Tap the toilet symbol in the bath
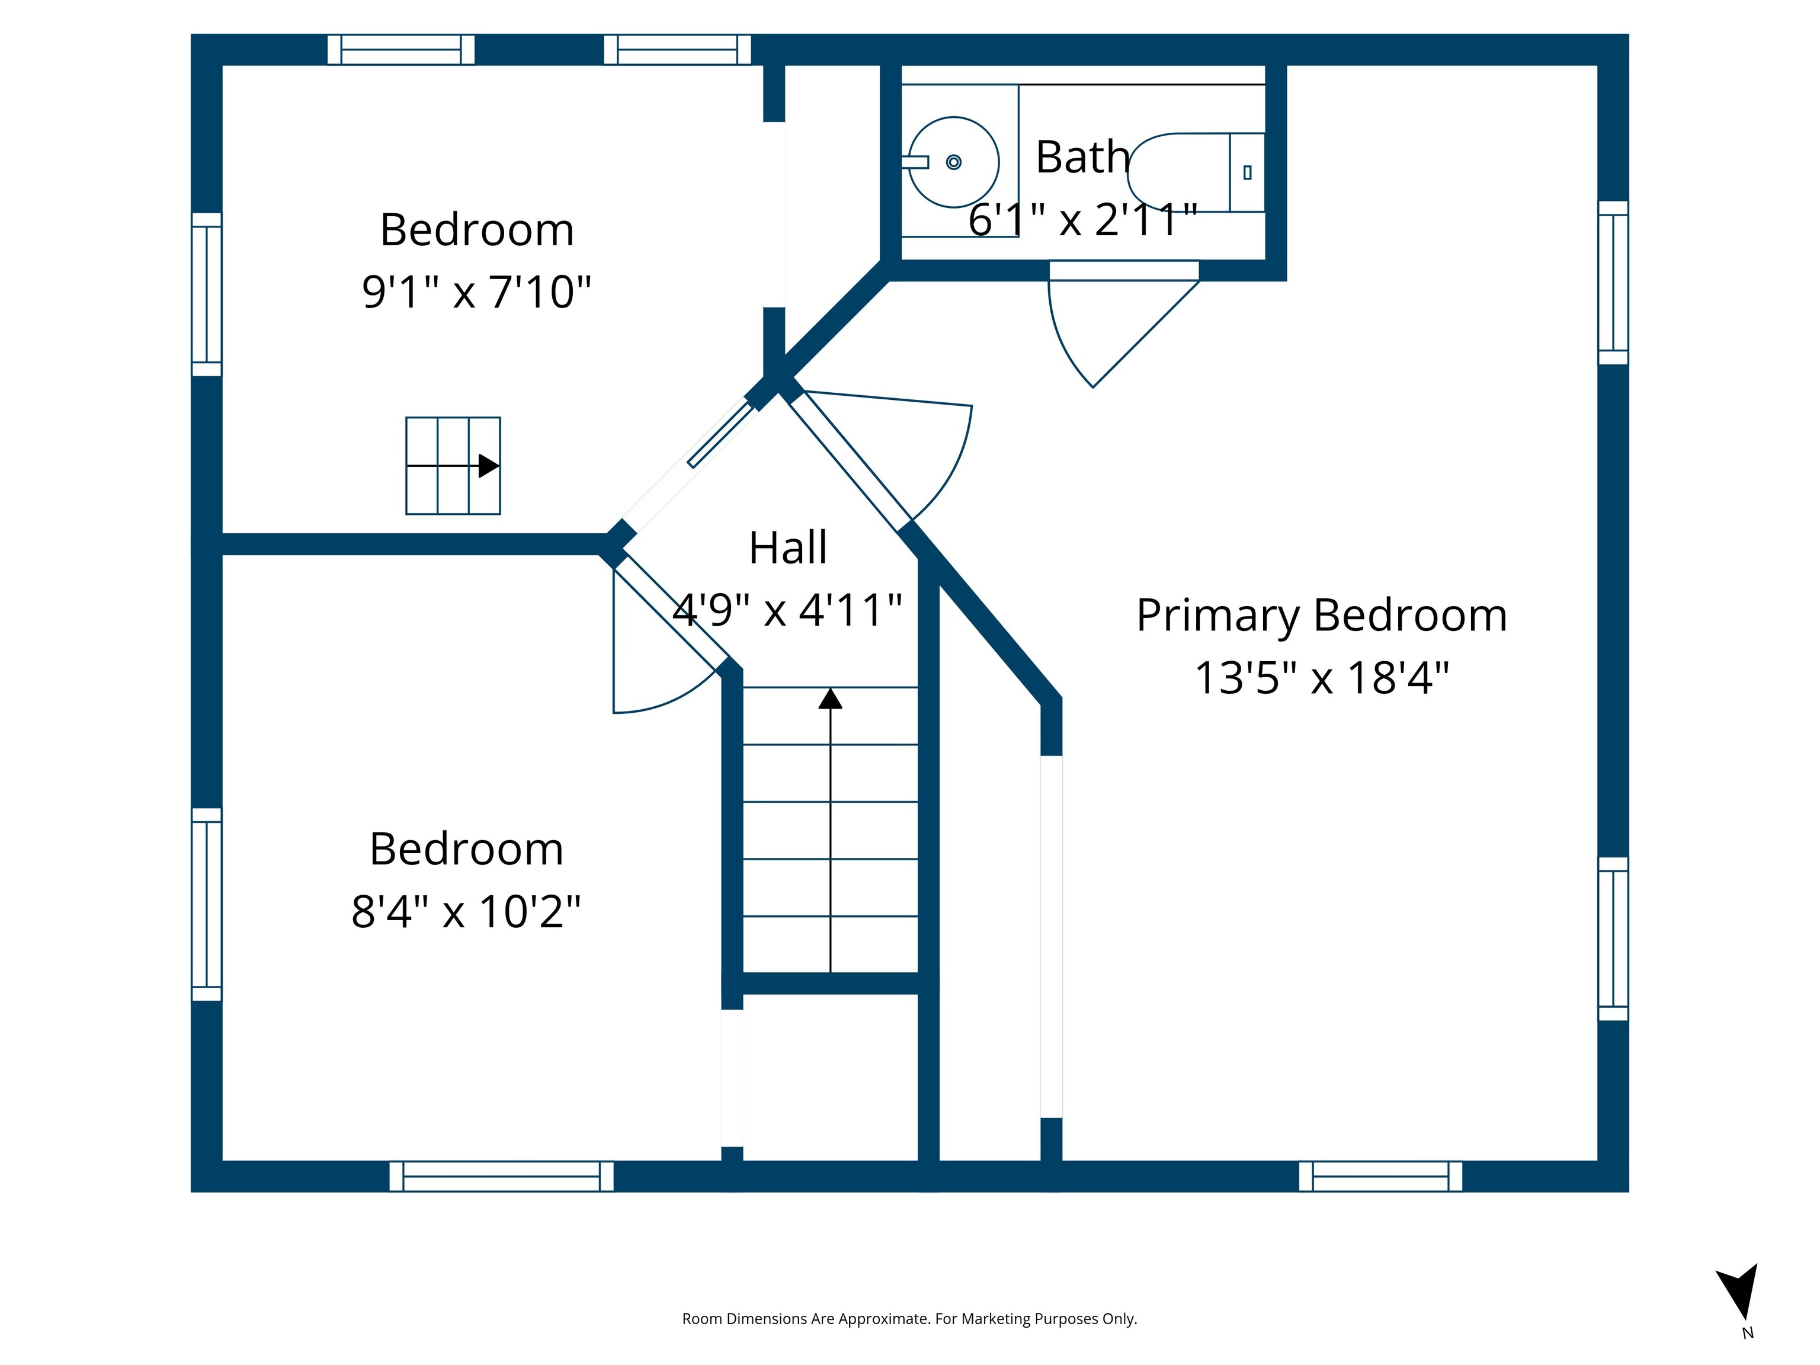(x=1198, y=172)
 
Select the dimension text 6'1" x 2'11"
(x=1082, y=220)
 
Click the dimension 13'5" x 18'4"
(x=1321, y=678)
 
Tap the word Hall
(x=787, y=547)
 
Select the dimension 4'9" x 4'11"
(x=787, y=610)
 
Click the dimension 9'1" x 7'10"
(x=476, y=291)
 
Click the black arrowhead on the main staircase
(x=830, y=698)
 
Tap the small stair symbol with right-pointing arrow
(x=453, y=466)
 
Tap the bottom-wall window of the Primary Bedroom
(x=1380, y=1176)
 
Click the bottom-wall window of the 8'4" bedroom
(x=501, y=1176)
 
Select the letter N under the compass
(x=1748, y=1333)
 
